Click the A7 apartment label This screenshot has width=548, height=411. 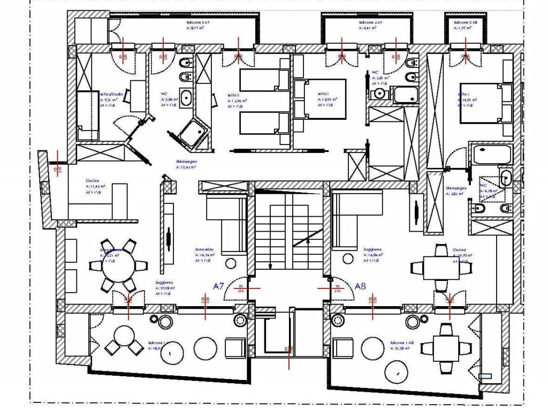pyautogui.click(x=218, y=286)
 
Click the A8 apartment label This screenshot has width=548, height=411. pyautogui.click(x=360, y=286)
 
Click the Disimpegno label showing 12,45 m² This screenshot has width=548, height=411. pyautogui.click(x=186, y=164)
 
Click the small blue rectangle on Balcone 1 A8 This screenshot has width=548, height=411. pyautogui.click(x=485, y=376)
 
